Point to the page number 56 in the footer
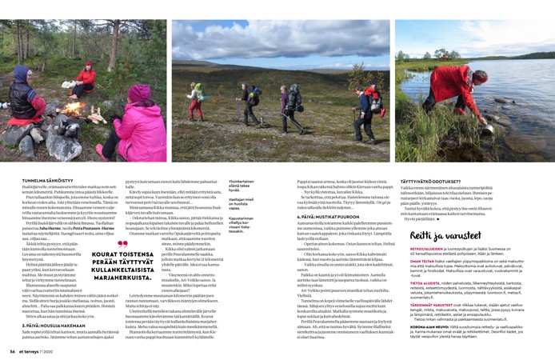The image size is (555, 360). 12,350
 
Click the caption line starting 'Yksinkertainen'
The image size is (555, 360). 242,181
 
